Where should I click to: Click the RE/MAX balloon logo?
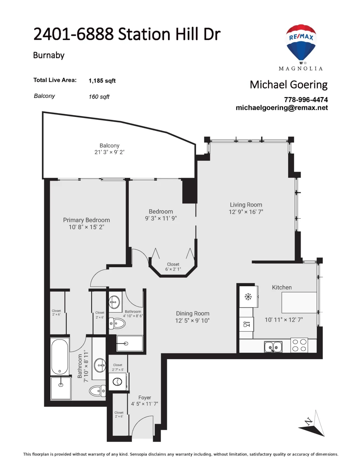301,44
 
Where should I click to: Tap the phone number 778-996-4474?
306,99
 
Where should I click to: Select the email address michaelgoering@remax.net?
281,108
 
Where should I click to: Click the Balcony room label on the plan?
109,146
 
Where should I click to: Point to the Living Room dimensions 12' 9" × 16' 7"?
246,212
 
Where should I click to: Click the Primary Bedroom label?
86,220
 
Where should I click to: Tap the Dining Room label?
192,313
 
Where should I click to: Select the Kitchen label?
282,287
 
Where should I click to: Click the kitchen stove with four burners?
299,345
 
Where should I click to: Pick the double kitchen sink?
273,347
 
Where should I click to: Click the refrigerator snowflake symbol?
248,297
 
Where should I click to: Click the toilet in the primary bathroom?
97,391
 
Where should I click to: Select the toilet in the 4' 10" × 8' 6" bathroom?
117,323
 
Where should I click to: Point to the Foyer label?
145,398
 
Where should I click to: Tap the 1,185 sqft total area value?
102,81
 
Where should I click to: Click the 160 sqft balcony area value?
99,97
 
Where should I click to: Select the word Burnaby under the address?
48,56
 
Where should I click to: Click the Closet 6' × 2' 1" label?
173,266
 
